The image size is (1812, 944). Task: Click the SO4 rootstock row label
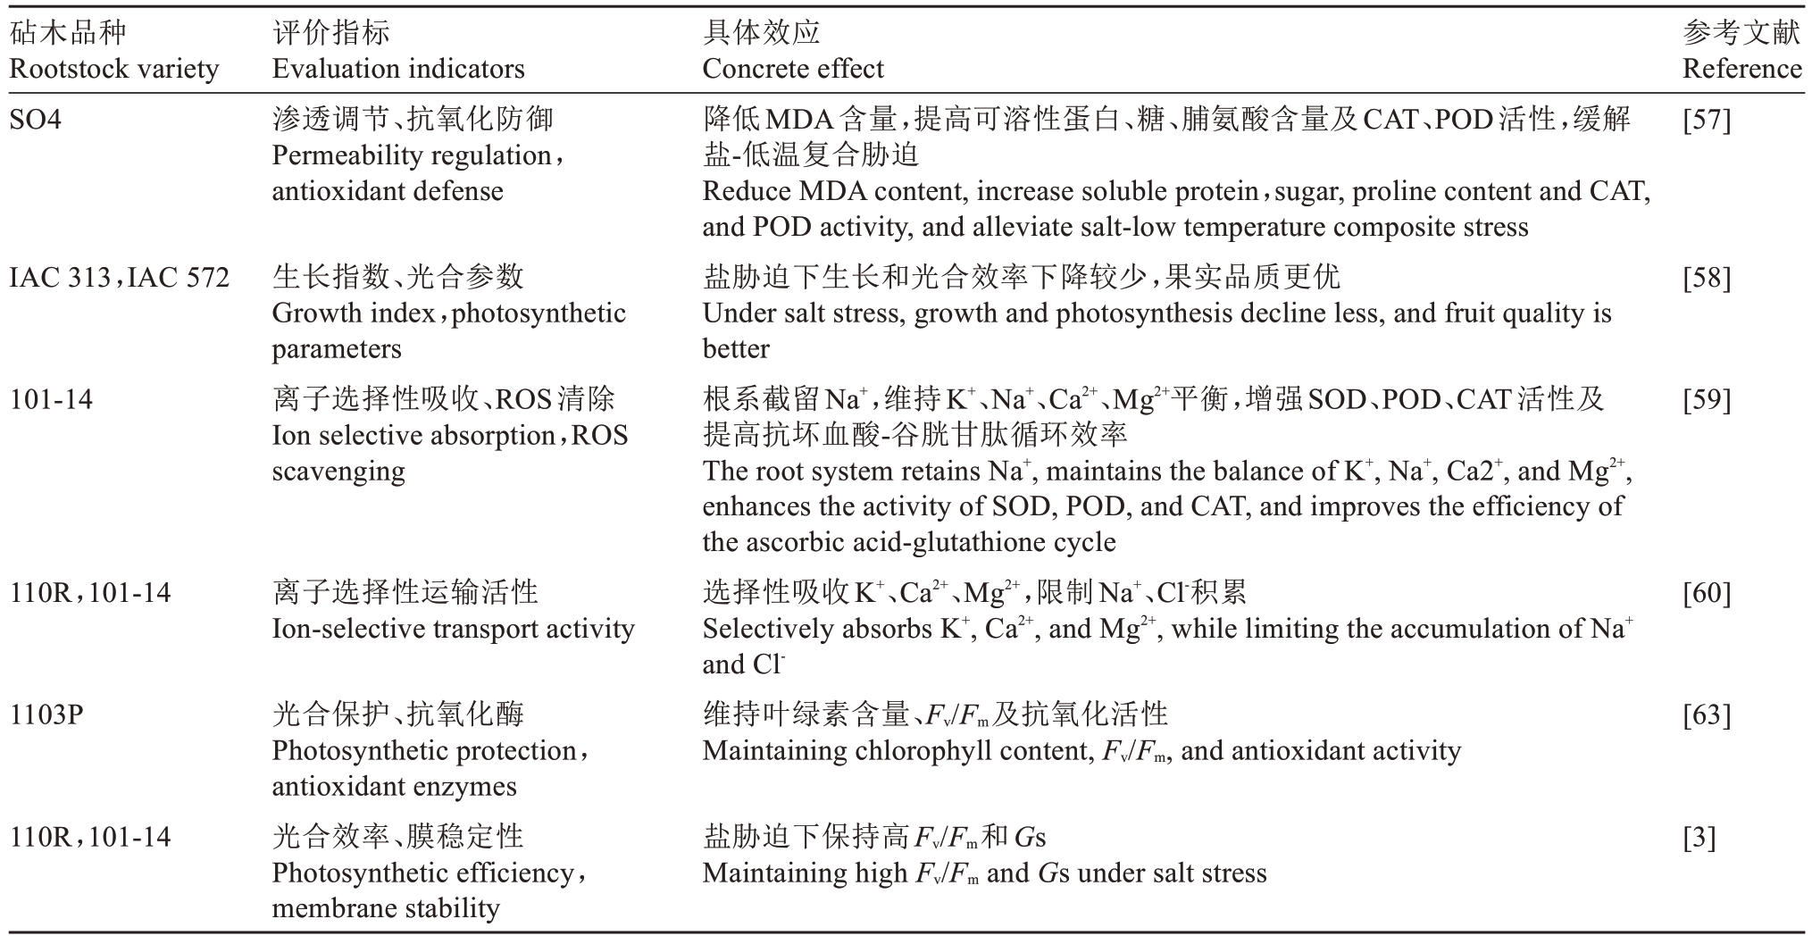coord(36,119)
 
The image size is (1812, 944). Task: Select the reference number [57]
coord(1706,119)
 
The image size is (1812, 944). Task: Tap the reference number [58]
coord(1706,277)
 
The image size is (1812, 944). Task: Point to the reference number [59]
coord(1706,399)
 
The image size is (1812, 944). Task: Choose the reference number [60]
coord(1706,593)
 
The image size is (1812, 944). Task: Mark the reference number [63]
coord(1706,714)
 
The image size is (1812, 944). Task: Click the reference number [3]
coord(1699,837)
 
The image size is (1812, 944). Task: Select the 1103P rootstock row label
coord(46,714)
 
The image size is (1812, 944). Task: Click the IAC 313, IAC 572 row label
coord(119,277)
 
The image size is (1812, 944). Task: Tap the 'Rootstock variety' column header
coord(113,69)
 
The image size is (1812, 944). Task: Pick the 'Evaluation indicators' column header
coord(398,69)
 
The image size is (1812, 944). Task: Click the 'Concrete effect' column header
coord(793,69)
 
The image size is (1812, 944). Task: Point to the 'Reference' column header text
coord(1741,69)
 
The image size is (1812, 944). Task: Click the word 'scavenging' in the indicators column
coord(338,471)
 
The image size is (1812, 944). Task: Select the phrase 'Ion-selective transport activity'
coord(453,629)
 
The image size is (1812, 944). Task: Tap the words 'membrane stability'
coord(386,908)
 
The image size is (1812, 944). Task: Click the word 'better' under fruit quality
coord(736,348)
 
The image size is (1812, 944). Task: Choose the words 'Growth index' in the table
coord(353,313)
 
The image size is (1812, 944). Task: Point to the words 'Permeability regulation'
coord(412,155)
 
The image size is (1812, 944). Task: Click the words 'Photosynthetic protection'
coord(423,750)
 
